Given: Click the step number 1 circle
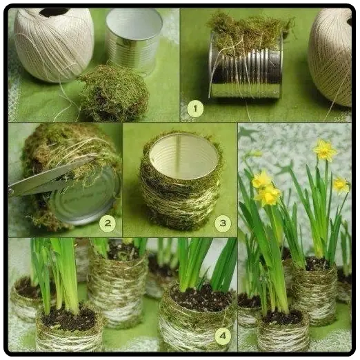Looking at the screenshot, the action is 195,109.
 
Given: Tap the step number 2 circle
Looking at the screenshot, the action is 108,223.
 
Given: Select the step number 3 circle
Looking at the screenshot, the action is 223,223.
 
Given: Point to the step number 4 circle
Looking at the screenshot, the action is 223,336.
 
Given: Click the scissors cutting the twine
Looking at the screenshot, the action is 46,179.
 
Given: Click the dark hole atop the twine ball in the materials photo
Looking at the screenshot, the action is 54,12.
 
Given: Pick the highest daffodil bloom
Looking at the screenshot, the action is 325,150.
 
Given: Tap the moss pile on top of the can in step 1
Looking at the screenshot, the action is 248,32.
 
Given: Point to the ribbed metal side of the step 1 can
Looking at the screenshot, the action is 246,74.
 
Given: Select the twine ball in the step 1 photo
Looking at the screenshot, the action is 330,57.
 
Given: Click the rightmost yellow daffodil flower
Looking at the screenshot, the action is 341,185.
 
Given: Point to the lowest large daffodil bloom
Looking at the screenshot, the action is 268,195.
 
